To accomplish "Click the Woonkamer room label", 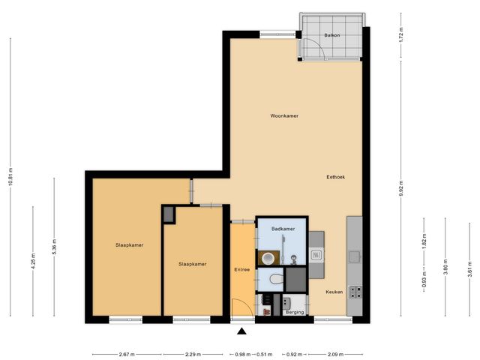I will [x=284, y=116].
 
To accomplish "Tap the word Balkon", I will [x=333, y=35].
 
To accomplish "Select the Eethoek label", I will [x=335, y=178].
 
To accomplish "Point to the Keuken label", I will [x=334, y=292].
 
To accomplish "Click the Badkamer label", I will [x=282, y=229].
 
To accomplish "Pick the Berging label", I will [x=295, y=312].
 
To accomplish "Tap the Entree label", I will [x=241, y=269].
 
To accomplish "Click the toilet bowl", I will [x=275, y=279].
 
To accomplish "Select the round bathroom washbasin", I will [x=266, y=257].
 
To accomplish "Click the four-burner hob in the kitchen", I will [x=355, y=290].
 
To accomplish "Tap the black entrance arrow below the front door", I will [x=241, y=331].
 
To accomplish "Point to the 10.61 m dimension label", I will [x=11, y=179].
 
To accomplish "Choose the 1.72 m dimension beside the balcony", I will [x=401, y=34].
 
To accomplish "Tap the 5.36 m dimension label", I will [x=54, y=247].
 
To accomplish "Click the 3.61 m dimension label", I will [x=469, y=268].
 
